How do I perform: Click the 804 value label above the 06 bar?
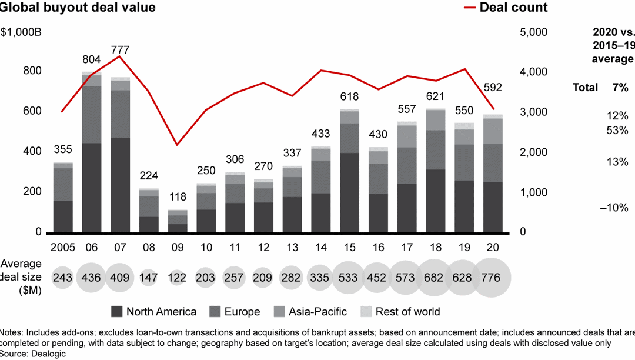pos(91,59)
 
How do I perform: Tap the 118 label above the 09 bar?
pos(178,197)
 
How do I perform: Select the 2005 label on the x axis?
pos(63,248)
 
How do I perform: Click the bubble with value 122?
pos(178,277)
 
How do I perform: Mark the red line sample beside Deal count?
pos(470,8)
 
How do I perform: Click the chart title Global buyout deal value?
pos(78,8)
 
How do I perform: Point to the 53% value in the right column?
pos(617,130)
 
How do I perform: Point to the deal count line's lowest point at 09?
pos(178,145)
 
